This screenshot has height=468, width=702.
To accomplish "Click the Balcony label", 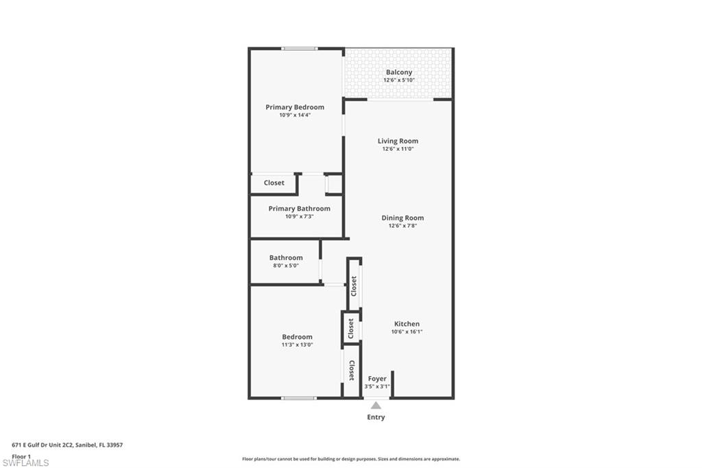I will (x=399, y=72).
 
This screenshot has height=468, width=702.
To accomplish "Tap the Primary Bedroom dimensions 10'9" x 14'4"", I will (x=295, y=115).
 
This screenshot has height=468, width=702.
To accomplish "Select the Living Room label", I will (x=398, y=141).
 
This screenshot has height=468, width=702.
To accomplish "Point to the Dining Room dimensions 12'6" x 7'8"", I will (x=402, y=226).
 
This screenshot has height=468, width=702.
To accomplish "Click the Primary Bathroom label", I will (x=299, y=209).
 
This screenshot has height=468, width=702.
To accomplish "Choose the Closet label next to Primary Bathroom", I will (x=274, y=183).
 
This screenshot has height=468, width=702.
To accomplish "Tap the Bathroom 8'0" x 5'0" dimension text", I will (x=285, y=266).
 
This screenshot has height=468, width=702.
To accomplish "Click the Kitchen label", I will (x=407, y=324).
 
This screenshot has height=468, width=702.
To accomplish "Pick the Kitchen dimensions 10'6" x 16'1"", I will (x=407, y=332).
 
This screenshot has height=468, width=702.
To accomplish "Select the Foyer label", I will (x=377, y=379).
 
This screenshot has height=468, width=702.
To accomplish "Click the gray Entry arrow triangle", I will (x=376, y=406).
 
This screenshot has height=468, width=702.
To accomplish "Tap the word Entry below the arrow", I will (x=376, y=417).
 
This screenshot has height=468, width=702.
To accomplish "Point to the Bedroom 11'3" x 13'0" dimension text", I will (x=297, y=345).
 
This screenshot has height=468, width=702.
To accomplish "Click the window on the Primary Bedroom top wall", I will (x=300, y=49).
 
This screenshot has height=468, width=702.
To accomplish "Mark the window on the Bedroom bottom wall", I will (x=299, y=397).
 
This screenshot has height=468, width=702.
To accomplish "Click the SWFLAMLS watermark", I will (x=25, y=463).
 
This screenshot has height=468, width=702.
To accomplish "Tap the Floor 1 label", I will (x=21, y=456).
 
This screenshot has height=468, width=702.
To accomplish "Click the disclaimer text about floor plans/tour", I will (x=350, y=459).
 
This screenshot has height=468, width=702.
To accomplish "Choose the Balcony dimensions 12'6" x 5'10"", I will (x=399, y=80).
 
